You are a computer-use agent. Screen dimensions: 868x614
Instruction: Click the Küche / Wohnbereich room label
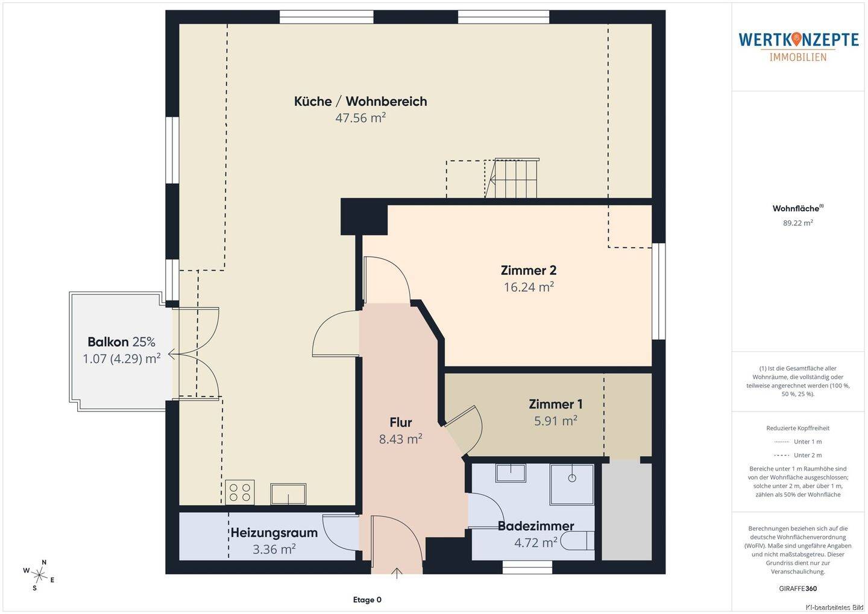point(360,101)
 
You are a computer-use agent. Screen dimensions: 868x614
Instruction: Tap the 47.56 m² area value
point(360,117)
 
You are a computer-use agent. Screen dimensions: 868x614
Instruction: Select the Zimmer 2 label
point(529,270)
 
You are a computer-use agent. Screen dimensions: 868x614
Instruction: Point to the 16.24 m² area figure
point(529,287)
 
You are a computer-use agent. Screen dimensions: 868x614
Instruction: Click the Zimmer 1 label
point(556,404)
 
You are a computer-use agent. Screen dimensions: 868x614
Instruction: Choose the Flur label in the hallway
point(401,422)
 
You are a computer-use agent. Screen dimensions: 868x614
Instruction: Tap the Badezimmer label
point(536,525)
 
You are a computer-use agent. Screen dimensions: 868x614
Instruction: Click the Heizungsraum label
point(274,533)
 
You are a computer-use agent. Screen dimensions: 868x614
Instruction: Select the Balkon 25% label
point(121,342)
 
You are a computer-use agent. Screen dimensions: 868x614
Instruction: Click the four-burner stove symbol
point(240,492)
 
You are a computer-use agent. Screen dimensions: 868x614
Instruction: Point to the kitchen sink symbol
point(288,494)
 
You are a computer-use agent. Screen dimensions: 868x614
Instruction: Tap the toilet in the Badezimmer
point(577,540)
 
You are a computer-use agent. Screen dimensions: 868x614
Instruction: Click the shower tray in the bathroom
point(572,484)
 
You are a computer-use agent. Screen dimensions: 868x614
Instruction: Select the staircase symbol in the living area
point(512,178)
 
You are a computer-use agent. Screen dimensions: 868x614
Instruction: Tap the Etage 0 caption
point(367,600)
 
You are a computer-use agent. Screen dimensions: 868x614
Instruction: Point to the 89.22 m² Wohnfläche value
point(798,223)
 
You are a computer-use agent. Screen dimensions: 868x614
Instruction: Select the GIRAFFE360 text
point(798,589)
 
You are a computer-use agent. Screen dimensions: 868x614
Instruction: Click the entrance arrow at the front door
point(397,573)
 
